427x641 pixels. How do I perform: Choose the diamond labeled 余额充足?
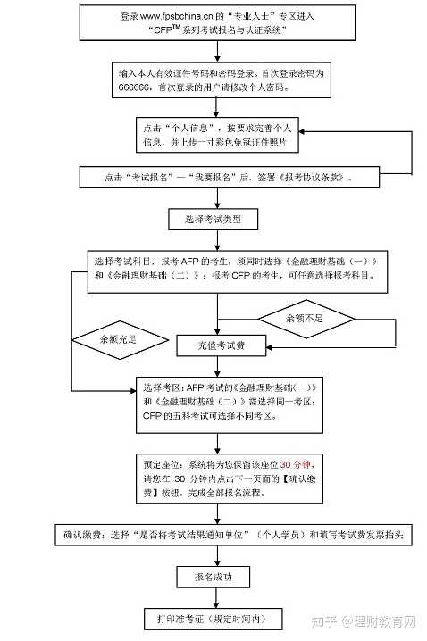[x=120, y=339]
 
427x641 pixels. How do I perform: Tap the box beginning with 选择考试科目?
[x=236, y=269]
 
